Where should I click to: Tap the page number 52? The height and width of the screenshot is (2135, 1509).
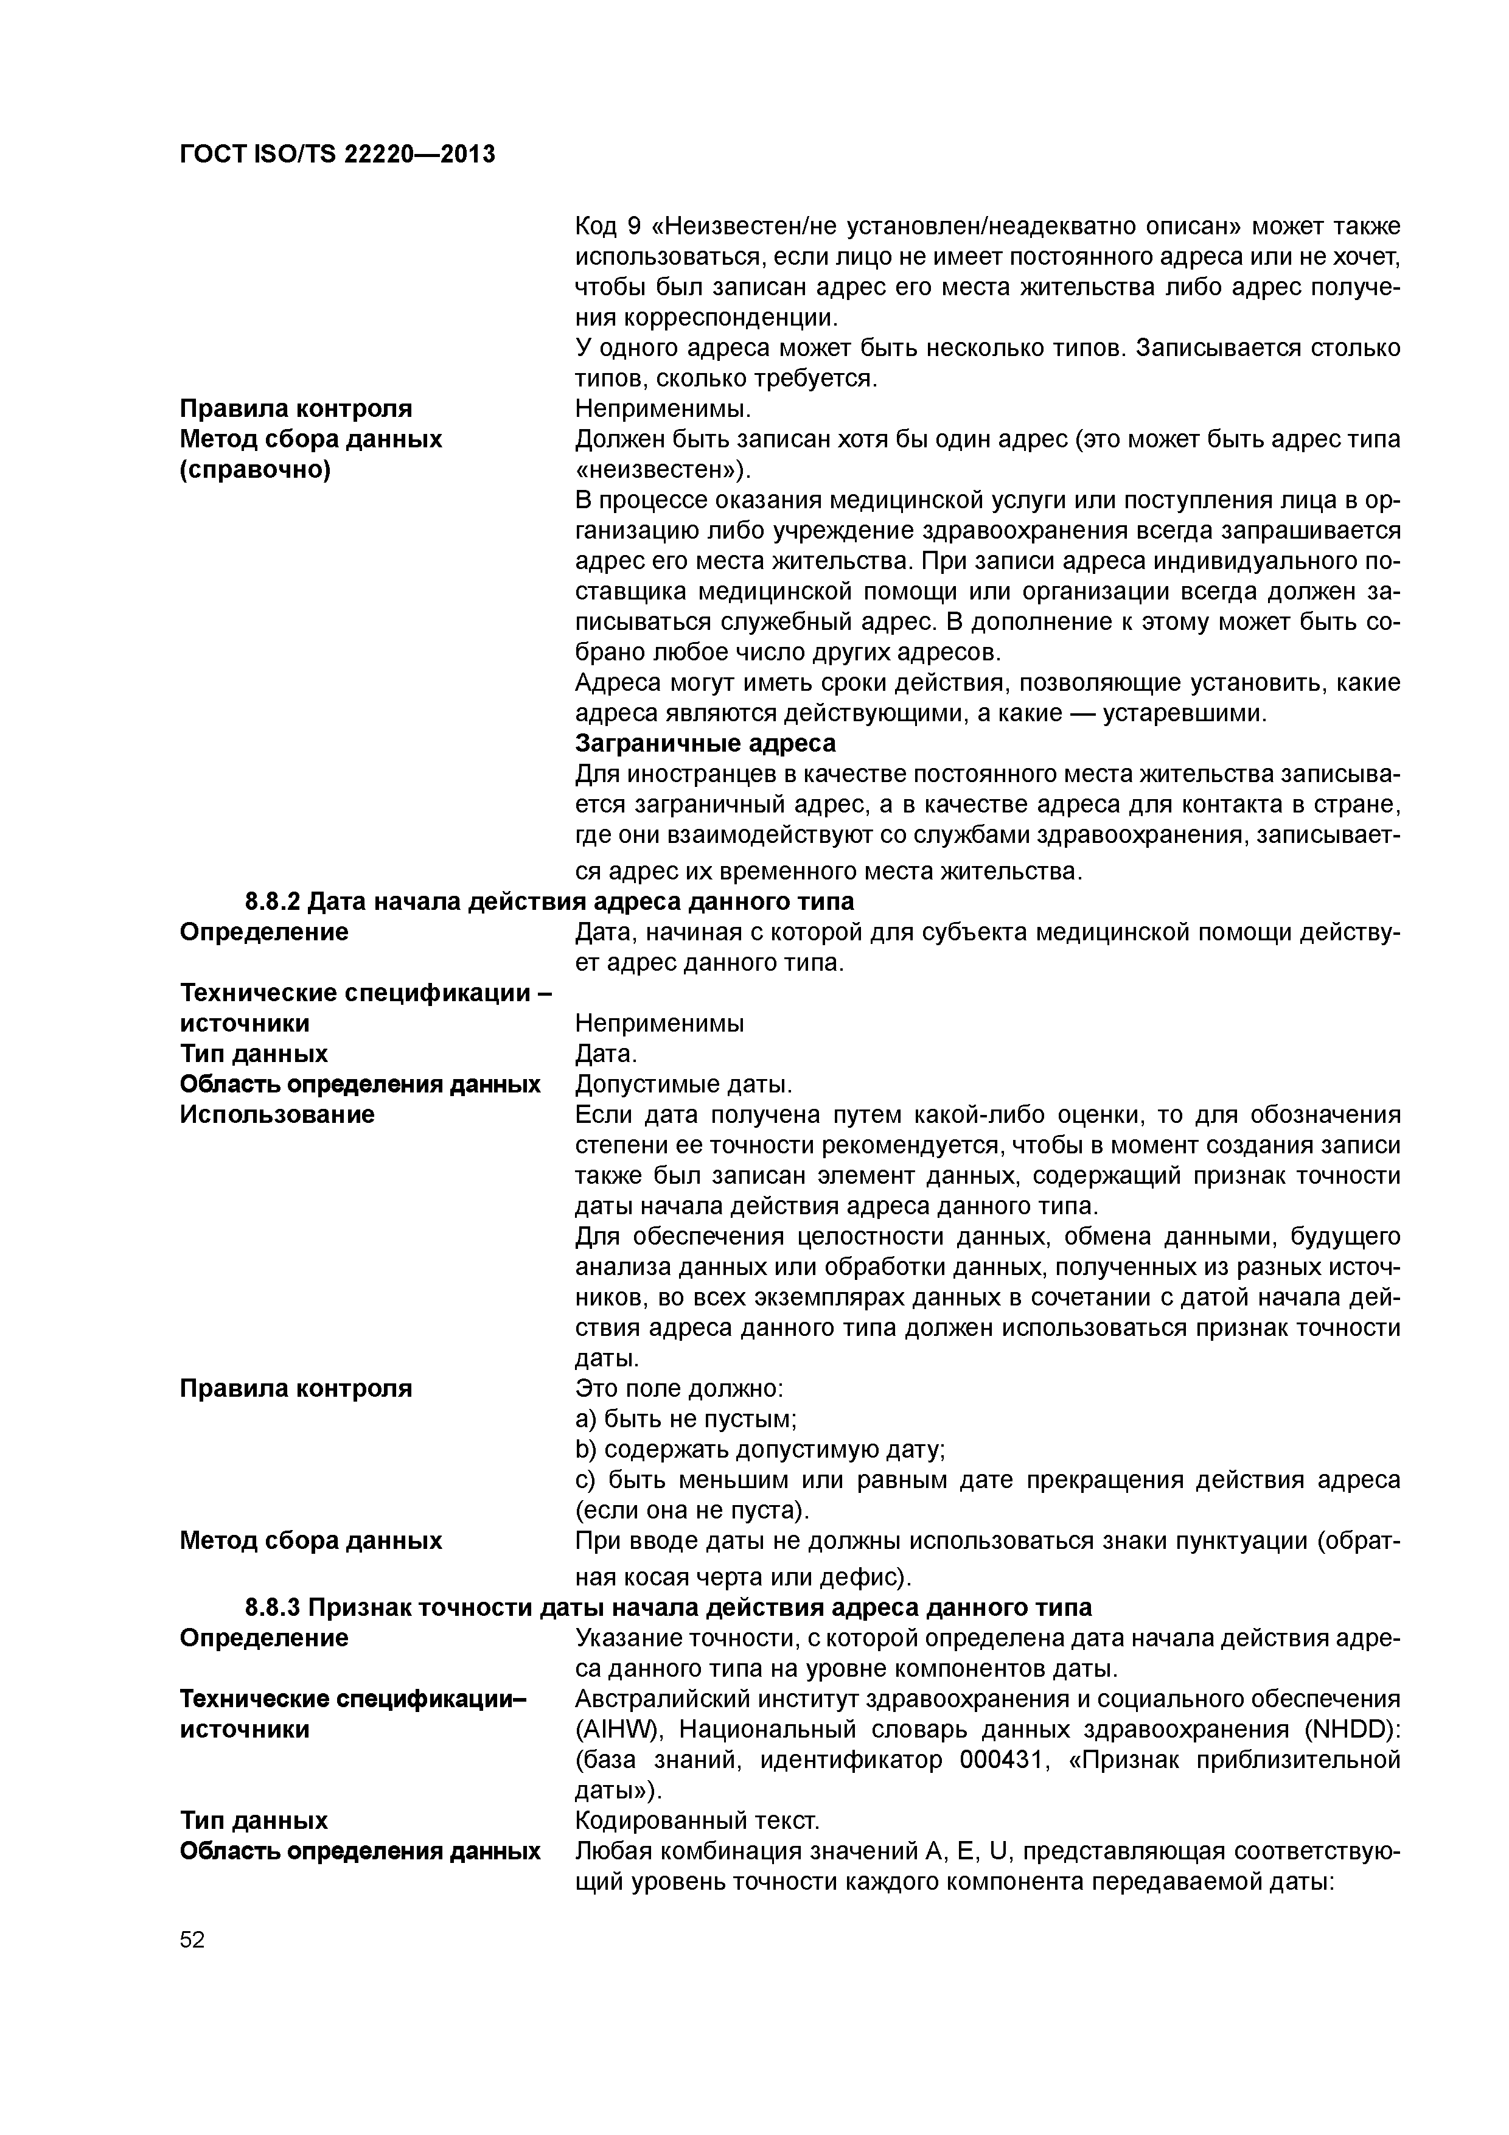point(192,1939)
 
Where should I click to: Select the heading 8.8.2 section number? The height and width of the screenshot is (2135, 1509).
point(273,901)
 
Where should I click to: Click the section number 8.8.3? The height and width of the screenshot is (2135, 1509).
point(273,1608)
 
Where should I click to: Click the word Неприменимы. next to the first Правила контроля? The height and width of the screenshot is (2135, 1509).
point(663,408)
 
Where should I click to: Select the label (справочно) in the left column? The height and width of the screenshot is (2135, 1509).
point(255,470)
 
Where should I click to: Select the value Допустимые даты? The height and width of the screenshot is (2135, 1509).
point(683,1085)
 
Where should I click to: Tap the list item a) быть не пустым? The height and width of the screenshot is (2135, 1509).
point(686,1419)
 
